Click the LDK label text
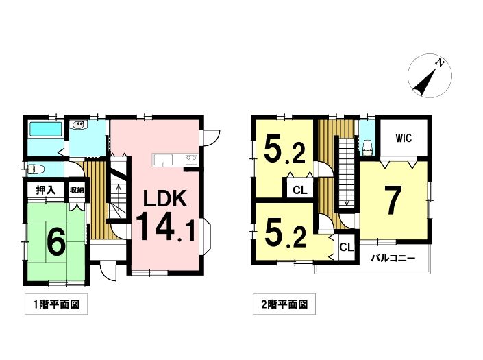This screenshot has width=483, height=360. (x=166, y=199)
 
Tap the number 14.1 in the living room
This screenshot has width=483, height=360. (x=165, y=228)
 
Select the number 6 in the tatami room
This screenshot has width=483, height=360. (x=55, y=242)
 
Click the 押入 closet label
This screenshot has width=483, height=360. (x=46, y=191)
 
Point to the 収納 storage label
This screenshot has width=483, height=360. (x=77, y=190)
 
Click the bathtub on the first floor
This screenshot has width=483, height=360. (x=46, y=129)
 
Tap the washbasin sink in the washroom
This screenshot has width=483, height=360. (x=79, y=125)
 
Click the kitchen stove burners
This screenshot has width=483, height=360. (x=191, y=160)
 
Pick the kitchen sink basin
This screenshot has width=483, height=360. (x=164, y=160)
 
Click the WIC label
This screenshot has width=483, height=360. (x=404, y=138)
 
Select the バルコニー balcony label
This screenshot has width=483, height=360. (x=393, y=258)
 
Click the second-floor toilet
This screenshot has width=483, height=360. (x=367, y=148)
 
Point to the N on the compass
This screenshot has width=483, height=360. (x=440, y=64)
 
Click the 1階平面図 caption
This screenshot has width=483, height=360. (x=56, y=304)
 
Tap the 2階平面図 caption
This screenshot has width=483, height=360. (x=284, y=304)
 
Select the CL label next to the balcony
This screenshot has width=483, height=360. (x=347, y=247)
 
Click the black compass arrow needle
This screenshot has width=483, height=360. (x=425, y=81)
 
